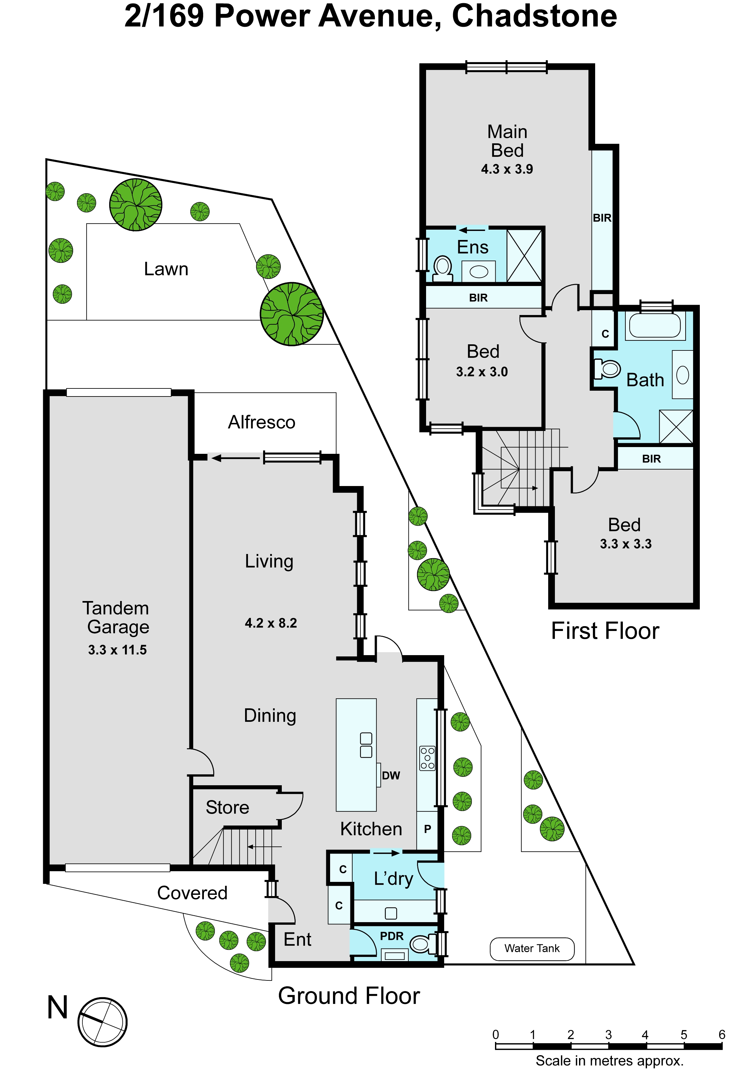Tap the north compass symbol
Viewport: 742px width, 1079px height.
point(102,1021)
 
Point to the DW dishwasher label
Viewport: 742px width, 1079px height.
point(391,775)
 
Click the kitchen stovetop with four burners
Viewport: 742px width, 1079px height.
point(427,758)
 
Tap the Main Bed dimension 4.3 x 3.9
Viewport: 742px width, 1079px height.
point(507,169)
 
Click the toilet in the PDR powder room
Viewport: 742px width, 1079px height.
point(423,944)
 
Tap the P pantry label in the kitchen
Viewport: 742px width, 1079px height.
point(427,829)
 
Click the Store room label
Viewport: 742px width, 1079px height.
point(227,807)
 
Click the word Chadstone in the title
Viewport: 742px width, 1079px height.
point(535,16)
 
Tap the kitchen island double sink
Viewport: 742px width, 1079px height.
point(366,745)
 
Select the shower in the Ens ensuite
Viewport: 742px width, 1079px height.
point(524,256)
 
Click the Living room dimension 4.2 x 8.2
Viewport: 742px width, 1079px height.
point(271,623)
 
